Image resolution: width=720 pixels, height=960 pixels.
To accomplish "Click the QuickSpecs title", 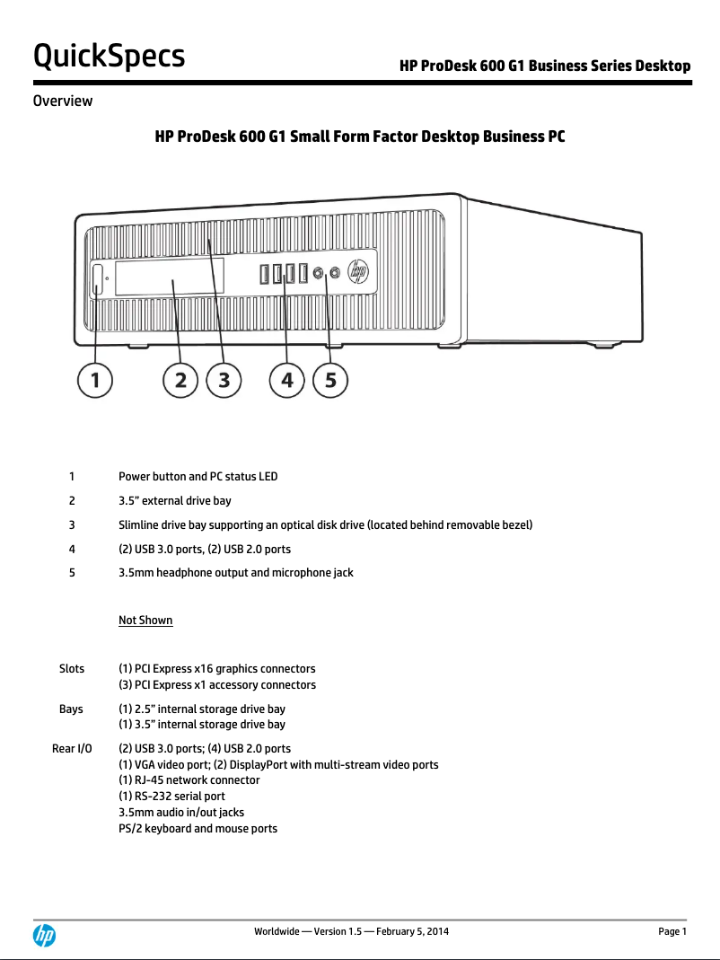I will coord(109,56).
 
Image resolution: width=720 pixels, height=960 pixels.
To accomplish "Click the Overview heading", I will coord(62,101).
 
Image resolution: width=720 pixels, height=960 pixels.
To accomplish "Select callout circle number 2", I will coord(180,381).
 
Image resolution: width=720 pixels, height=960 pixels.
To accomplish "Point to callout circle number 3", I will coord(224,381).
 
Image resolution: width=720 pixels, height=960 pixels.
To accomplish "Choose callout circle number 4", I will coord(287,381).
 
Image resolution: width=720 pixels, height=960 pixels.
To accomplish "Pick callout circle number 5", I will coord(330,381).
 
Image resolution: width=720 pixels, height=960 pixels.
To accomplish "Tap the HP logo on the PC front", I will coord(358,270).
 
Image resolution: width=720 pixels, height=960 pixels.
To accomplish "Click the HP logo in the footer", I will coord(44,936).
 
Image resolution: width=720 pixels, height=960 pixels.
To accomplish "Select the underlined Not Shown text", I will coord(145,621).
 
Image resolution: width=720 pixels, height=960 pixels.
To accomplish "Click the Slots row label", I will coord(72,669).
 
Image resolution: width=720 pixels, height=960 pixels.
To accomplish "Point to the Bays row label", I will coord(71,709).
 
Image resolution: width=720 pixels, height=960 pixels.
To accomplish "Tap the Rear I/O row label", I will coord(72,748).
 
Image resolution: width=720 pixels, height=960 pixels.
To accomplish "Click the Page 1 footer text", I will coord(672,932).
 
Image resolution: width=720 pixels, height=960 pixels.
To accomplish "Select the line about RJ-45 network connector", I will coord(189,780).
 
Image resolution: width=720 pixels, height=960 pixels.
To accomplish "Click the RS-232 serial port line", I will coord(172,797).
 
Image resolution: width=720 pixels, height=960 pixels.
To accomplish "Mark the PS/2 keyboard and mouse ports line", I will coord(198,828).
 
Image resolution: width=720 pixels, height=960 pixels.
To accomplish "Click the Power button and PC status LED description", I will coord(198,476).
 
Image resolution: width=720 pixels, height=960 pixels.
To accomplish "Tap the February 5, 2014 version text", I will coord(408,932).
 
